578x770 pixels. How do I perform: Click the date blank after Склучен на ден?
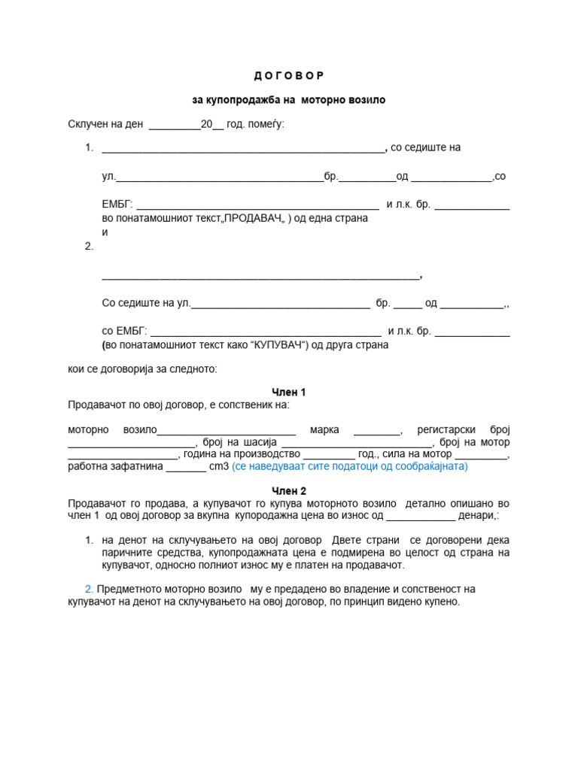[x=175, y=125]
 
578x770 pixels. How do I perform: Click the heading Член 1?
[x=288, y=392]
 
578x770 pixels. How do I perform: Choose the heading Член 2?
[x=288, y=490]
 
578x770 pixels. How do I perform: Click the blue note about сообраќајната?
[x=349, y=466]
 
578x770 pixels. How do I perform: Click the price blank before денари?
[x=420, y=516]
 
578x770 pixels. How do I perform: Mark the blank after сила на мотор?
[x=482, y=455]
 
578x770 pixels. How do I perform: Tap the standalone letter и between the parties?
[x=105, y=232]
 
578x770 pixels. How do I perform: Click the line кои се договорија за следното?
[x=142, y=369]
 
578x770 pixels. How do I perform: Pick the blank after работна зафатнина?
[x=185, y=467]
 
